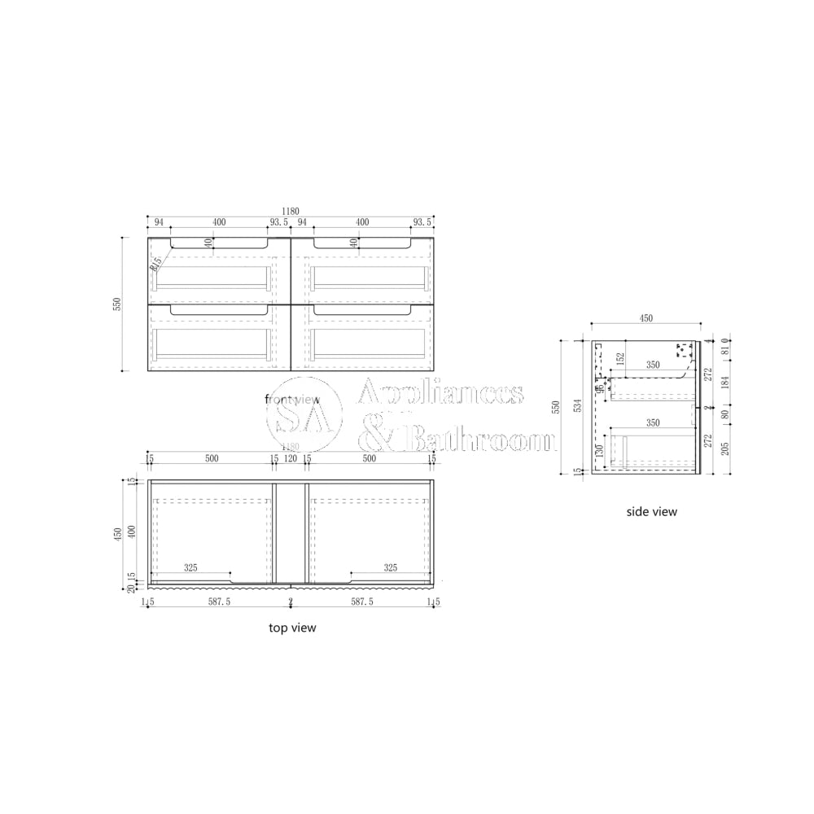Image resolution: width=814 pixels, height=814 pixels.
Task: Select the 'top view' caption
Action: tap(292, 628)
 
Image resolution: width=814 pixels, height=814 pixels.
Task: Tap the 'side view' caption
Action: tap(651, 512)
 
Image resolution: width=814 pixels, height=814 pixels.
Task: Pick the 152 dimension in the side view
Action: tap(621, 359)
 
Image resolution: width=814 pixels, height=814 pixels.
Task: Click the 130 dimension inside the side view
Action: tap(601, 453)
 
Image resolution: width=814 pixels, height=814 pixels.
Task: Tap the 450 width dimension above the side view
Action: tap(646, 318)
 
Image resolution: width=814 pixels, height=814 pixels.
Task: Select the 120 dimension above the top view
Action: tap(291, 459)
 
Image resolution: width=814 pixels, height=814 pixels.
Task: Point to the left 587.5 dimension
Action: tap(218, 602)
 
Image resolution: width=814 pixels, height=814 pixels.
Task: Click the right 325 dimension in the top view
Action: tap(389, 567)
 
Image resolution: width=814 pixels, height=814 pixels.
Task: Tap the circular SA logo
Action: tap(305, 416)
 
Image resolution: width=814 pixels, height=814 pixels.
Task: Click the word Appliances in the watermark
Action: tap(441, 393)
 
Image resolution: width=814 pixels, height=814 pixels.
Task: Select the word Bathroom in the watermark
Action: tap(480, 440)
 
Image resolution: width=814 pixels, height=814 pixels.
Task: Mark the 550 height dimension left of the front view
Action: tap(117, 304)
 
